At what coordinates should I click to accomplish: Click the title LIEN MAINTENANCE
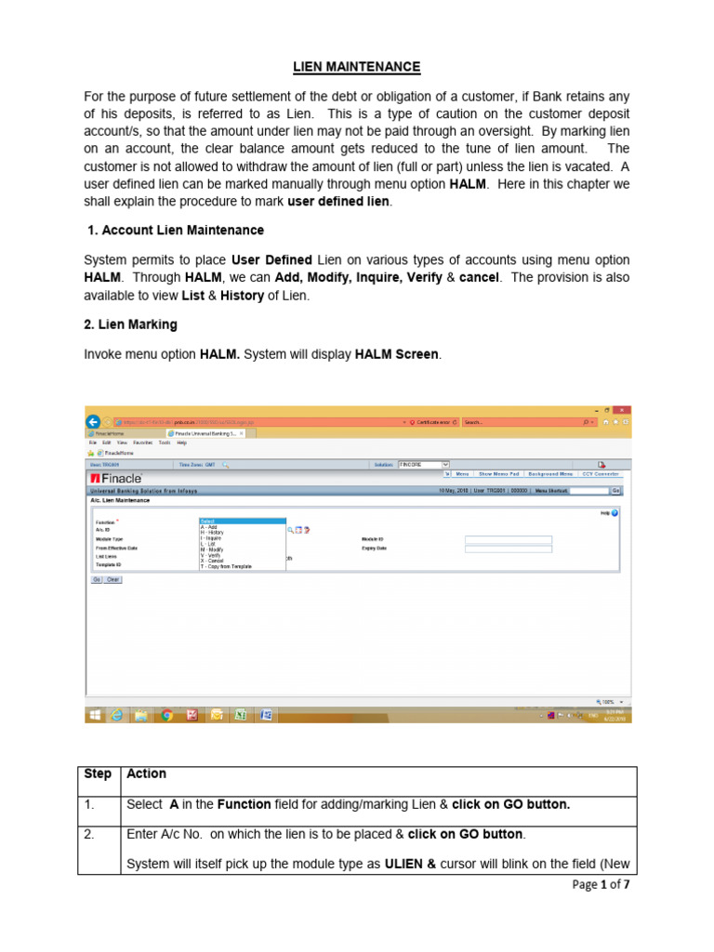pyautogui.click(x=357, y=67)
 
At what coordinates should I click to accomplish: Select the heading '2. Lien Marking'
pyautogui.click(x=130, y=324)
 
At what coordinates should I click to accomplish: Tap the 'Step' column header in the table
pyautogui.click(x=98, y=773)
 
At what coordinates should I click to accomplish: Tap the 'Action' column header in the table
pyautogui.click(x=146, y=773)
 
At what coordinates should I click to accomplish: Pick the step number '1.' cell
pyautogui.click(x=90, y=804)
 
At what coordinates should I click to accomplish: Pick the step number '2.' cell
pyautogui.click(x=90, y=834)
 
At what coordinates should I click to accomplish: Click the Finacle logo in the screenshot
pyautogui.click(x=115, y=478)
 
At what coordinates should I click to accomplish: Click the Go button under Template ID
pyautogui.click(x=96, y=579)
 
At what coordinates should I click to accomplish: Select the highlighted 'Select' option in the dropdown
pyautogui.click(x=243, y=522)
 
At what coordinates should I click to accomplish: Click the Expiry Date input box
pyautogui.click(x=508, y=549)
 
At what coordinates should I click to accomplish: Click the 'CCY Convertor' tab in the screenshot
pyautogui.click(x=601, y=473)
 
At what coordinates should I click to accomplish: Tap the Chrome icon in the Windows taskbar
pyautogui.click(x=167, y=715)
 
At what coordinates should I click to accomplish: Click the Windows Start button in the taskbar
pyautogui.click(x=95, y=715)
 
